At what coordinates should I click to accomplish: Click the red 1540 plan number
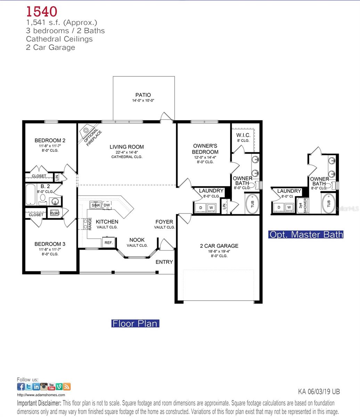click(42, 11)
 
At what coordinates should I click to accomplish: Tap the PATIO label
click(143, 95)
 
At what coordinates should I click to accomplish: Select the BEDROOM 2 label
click(50, 140)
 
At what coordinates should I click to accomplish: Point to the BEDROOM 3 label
click(50, 244)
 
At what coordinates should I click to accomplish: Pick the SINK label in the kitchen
click(96, 205)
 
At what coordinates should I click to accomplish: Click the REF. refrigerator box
click(109, 243)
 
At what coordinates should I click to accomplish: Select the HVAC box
click(55, 213)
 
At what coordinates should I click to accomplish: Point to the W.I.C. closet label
click(243, 135)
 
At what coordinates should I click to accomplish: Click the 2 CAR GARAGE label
click(219, 246)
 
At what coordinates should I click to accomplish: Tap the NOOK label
click(137, 240)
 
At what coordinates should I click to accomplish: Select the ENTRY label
click(164, 262)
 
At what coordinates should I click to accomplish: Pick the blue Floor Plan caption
click(135, 324)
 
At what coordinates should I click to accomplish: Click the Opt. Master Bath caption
click(306, 235)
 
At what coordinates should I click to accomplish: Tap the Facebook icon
click(21, 386)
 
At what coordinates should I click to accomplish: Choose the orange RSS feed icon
click(67, 386)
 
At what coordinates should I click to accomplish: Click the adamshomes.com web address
click(41, 395)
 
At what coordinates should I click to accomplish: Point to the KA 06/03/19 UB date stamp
click(319, 392)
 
